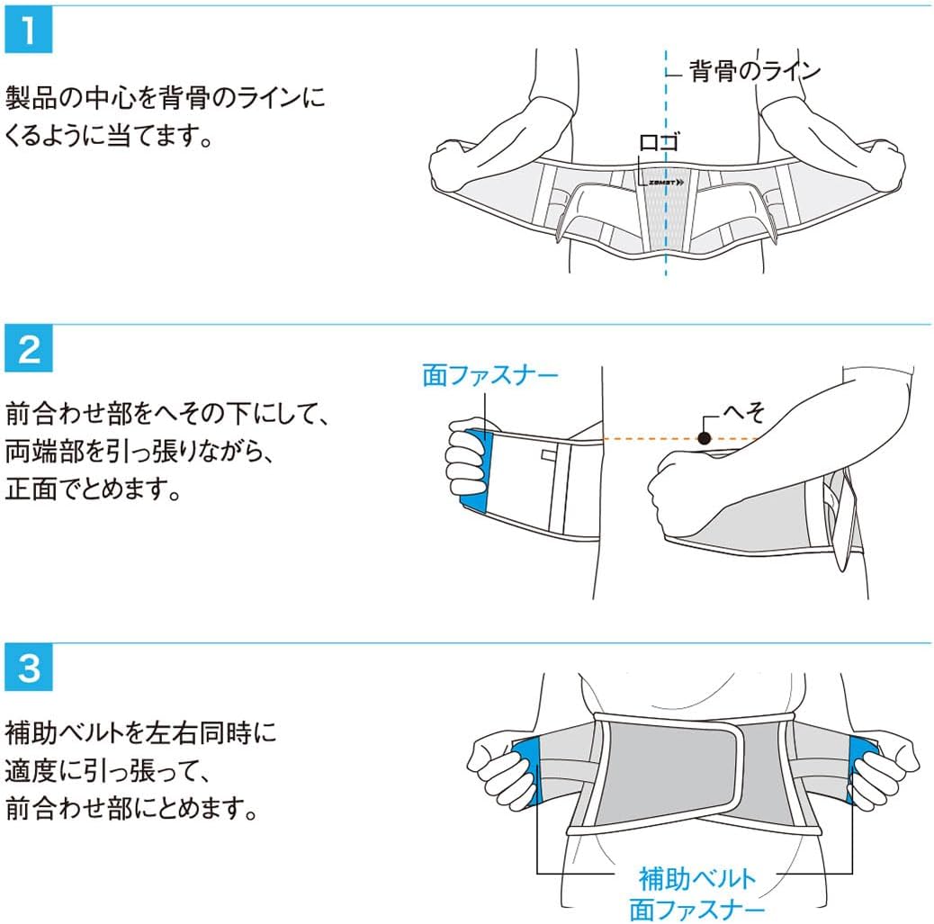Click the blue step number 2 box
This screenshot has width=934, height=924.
pos(29,351)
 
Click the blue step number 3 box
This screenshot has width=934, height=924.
pos(29,670)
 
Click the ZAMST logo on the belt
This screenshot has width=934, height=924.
pos(665,181)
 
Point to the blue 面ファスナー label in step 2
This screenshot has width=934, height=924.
pos(491,376)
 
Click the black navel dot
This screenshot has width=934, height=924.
pos(704,438)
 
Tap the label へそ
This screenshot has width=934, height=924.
pos(743,412)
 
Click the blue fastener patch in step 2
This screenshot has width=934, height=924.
pos(474,469)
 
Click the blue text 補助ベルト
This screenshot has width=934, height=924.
pos(696,876)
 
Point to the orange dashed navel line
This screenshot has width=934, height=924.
pos(648,438)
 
